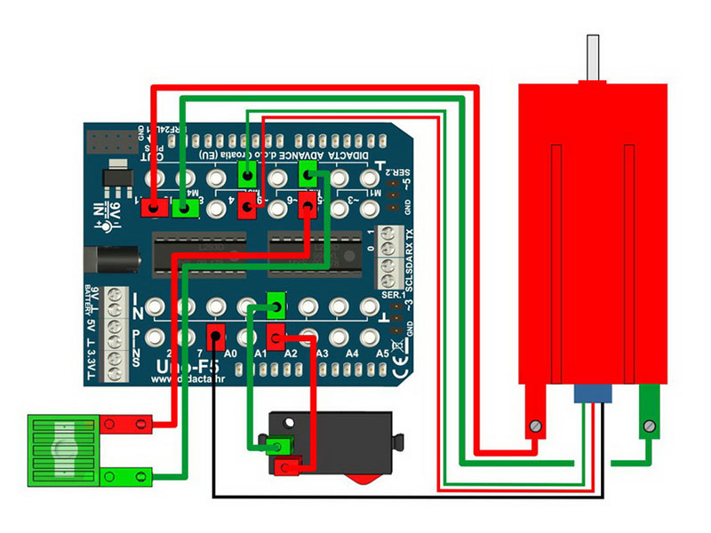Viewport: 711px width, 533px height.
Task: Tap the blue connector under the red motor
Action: pos(589,393)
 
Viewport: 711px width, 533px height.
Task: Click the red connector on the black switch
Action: pos(289,465)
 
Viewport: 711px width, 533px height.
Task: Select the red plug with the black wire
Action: pos(216,337)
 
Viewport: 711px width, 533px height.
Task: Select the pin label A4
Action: pos(352,354)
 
